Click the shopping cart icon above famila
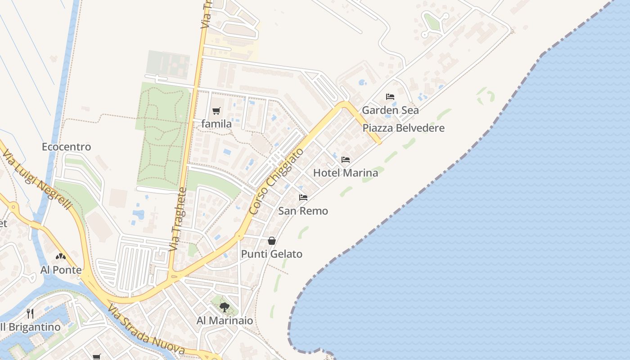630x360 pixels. pyautogui.click(x=216, y=111)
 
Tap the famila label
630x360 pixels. pyautogui.click(x=216, y=124)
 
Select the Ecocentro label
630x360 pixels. pyautogui.click(x=66, y=147)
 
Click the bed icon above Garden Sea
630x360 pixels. pyautogui.click(x=390, y=97)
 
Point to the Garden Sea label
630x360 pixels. pyautogui.click(x=390, y=110)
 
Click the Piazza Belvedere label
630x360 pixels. pyautogui.click(x=403, y=128)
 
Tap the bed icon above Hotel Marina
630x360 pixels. pyautogui.click(x=346, y=160)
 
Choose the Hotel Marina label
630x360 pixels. pyautogui.click(x=346, y=173)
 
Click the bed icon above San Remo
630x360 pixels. pyautogui.click(x=303, y=198)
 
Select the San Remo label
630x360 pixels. pyautogui.click(x=303, y=211)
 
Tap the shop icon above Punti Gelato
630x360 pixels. pyautogui.click(x=272, y=241)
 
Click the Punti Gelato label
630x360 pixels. pyautogui.click(x=272, y=254)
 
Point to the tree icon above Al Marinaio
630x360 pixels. pyautogui.click(x=224, y=307)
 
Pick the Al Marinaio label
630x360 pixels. pyautogui.click(x=225, y=321)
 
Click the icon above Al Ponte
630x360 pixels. pyautogui.click(x=61, y=257)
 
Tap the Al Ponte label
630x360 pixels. pyautogui.click(x=61, y=270)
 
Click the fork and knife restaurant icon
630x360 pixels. pyautogui.click(x=30, y=314)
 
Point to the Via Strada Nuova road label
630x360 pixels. pyautogui.click(x=146, y=330)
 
